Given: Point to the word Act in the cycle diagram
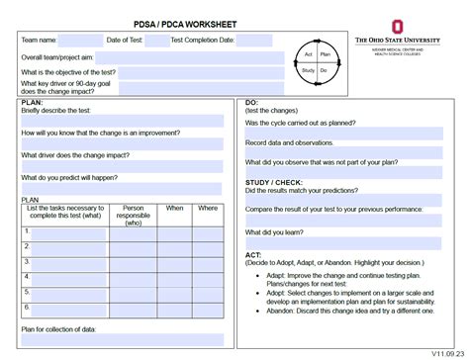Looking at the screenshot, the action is (310, 53).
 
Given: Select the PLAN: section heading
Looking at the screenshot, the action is (33, 102).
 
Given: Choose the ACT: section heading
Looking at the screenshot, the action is (254, 253).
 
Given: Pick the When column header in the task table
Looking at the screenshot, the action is (174, 209).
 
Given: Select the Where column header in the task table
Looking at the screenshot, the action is (208, 209).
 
